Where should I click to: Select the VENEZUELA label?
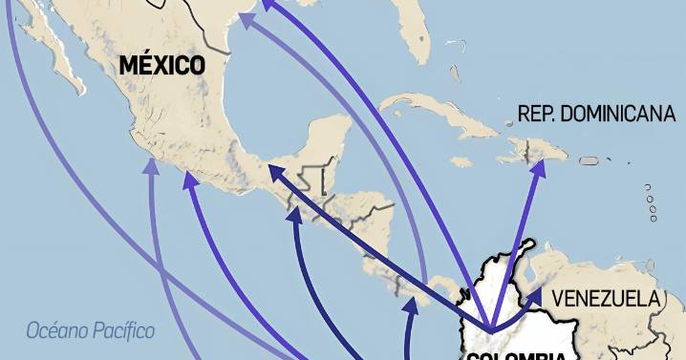607,299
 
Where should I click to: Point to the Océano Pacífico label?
91,331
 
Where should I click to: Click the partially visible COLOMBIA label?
517,354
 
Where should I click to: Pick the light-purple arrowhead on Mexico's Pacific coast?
150,167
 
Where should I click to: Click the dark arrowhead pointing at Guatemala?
274,171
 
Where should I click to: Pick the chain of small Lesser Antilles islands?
651,202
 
